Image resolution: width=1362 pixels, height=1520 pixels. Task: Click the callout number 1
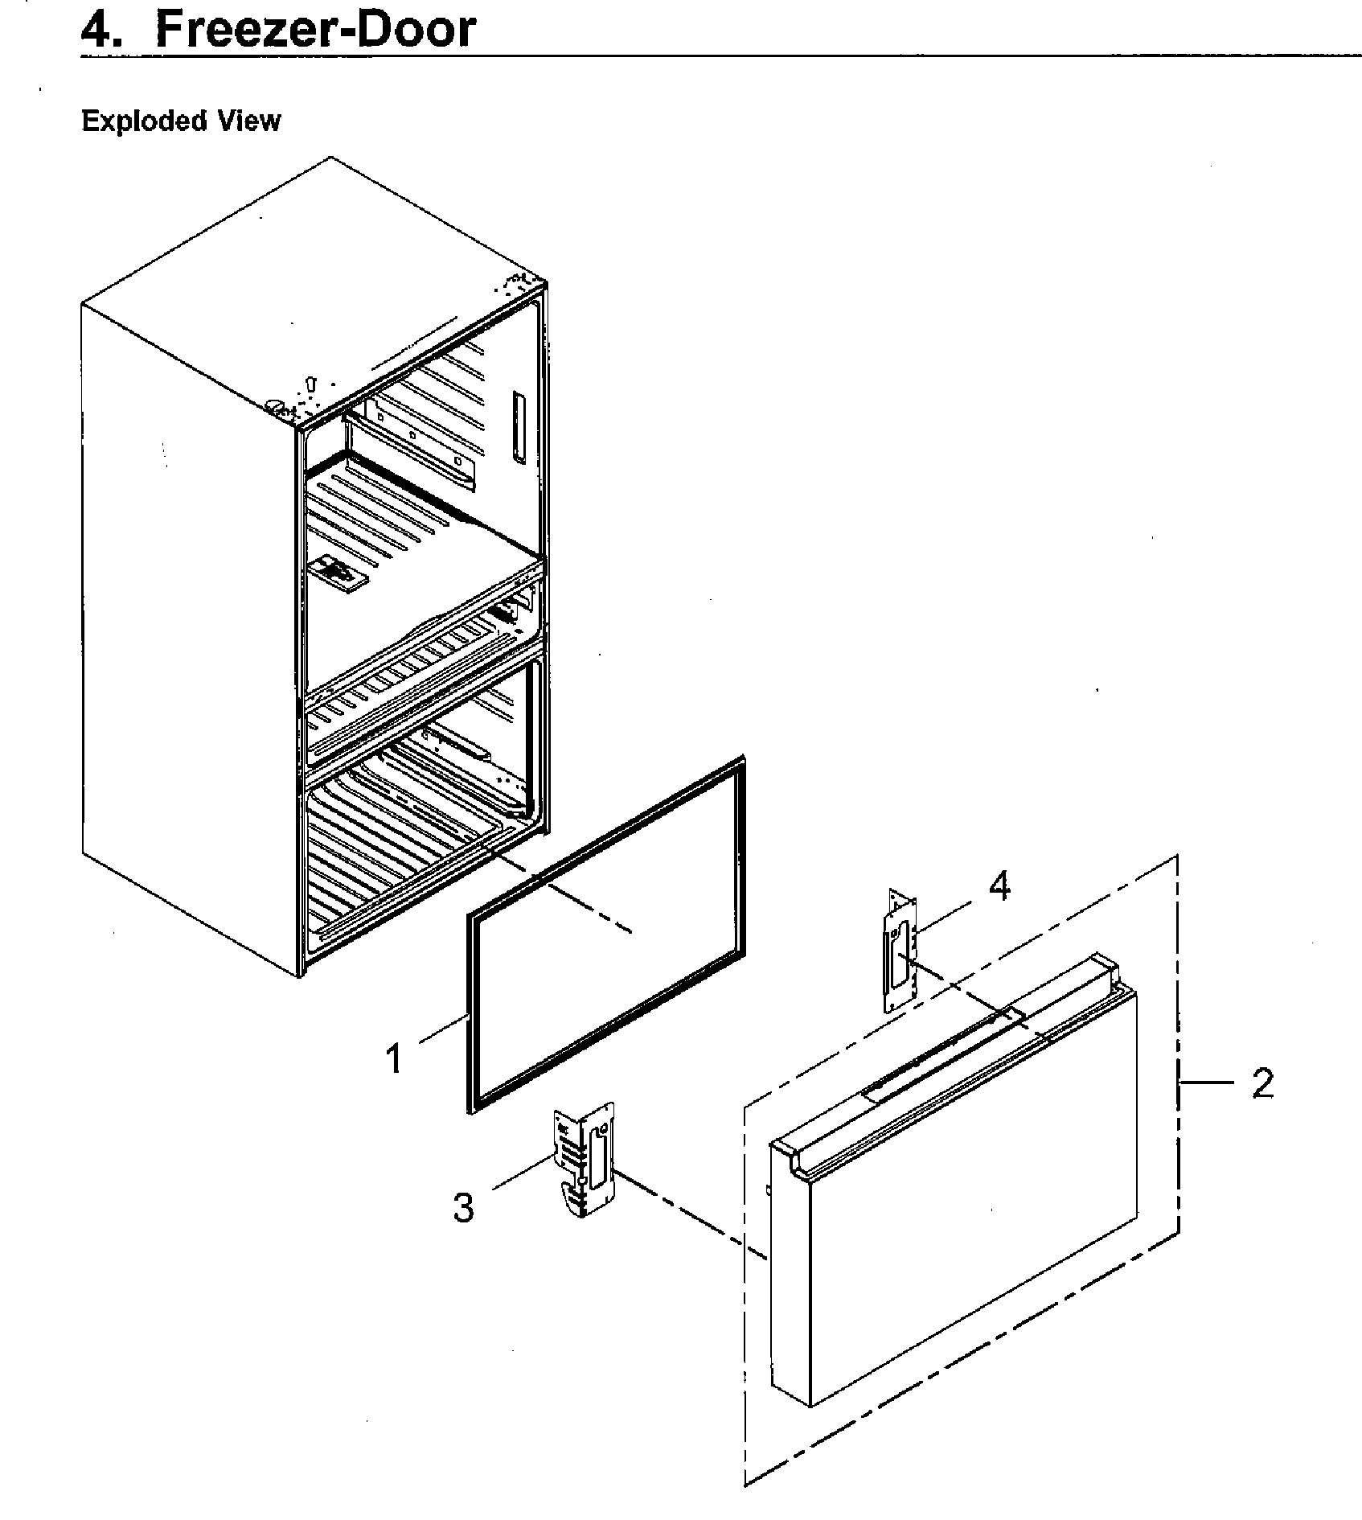coord(393,1058)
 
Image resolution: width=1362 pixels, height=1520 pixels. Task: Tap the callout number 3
coord(464,1207)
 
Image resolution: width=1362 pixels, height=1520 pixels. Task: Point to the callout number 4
coord(999,886)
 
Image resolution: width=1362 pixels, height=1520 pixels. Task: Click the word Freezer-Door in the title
coord(315,29)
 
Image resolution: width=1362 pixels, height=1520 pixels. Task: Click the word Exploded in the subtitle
coord(131,121)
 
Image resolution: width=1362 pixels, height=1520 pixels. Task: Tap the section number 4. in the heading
coord(103,29)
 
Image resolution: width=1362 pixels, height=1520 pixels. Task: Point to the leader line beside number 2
coord(1206,1083)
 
